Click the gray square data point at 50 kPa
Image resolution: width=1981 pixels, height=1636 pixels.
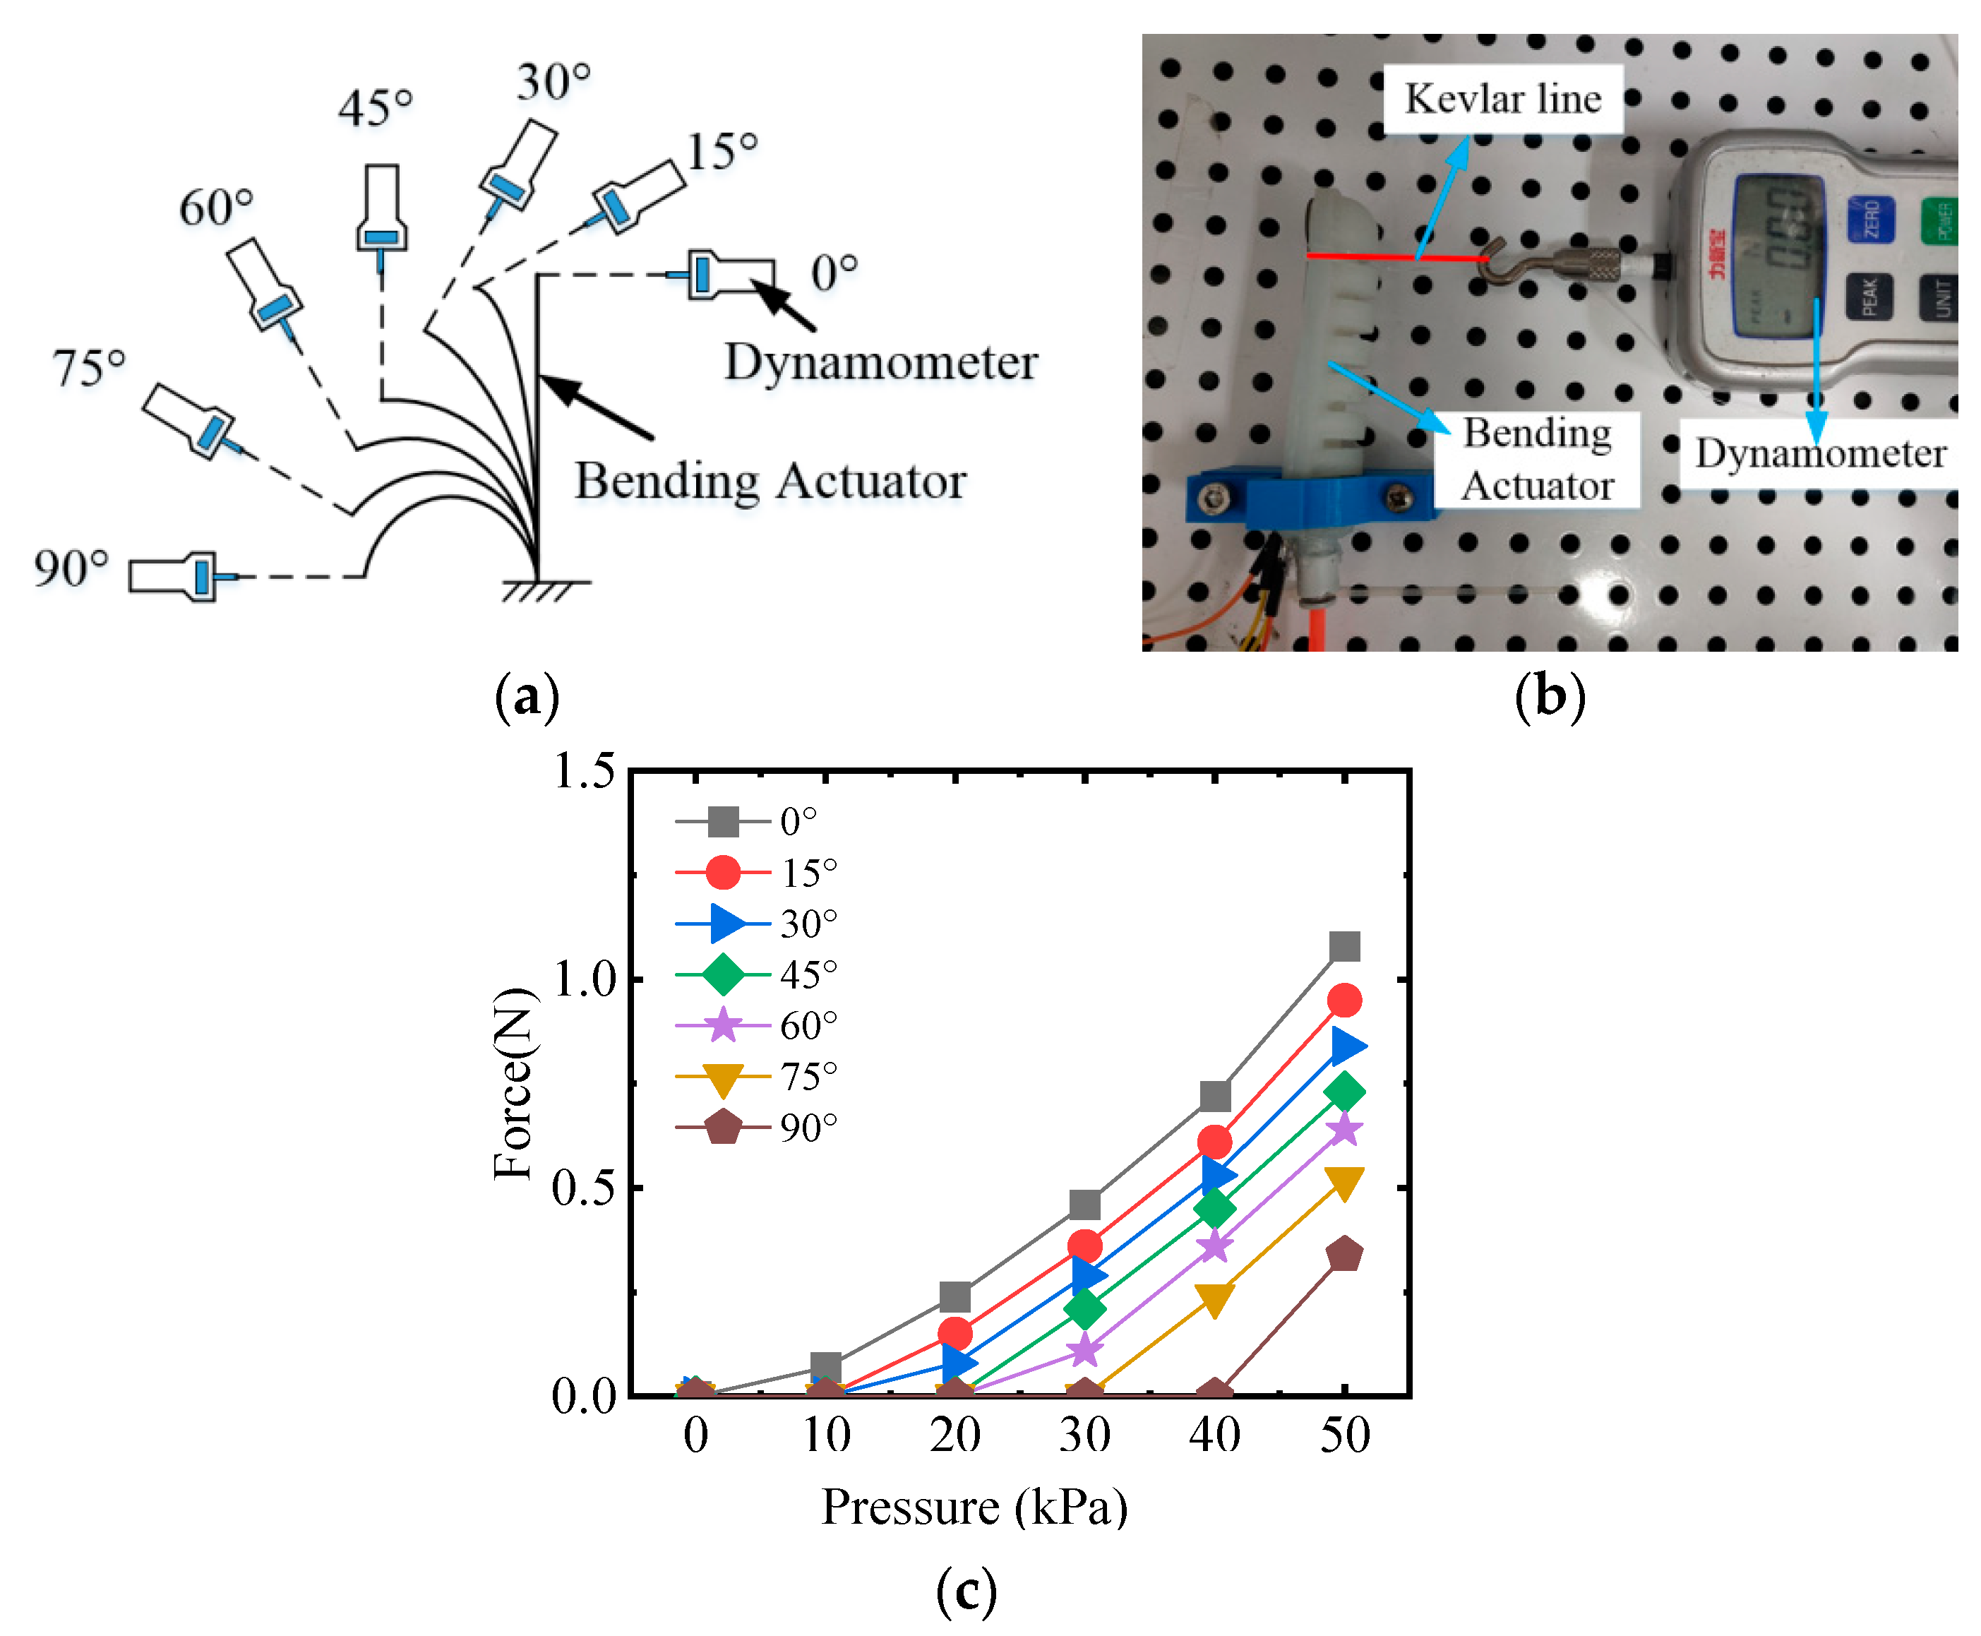click(1344, 945)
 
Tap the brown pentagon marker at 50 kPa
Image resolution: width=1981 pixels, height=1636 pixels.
click(1344, 1254)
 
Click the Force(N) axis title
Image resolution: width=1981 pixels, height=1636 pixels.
click(515, 1084)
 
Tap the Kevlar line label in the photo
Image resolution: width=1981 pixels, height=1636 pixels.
click(1502, 99)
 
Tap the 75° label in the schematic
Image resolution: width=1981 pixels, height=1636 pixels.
click(88, 369)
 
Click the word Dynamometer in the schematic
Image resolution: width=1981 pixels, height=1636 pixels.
click(880, 362)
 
